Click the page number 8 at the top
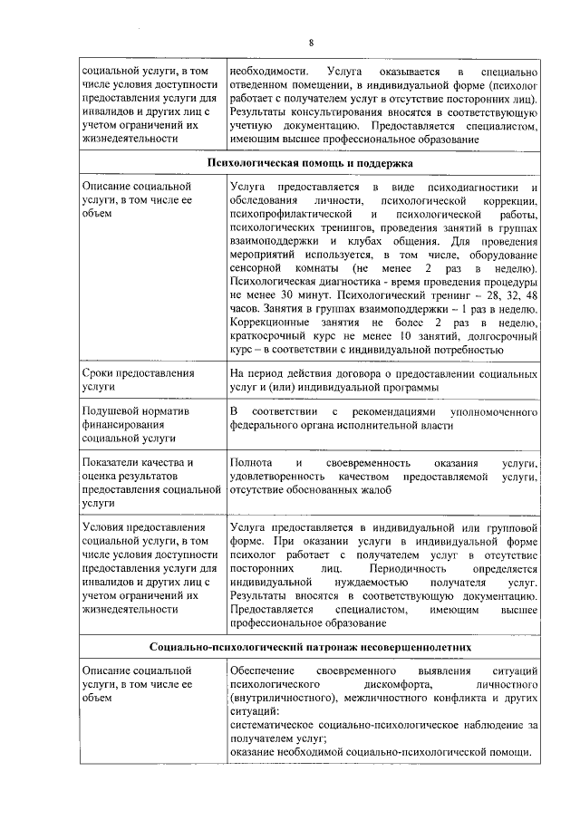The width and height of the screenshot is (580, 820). tap(310, 43)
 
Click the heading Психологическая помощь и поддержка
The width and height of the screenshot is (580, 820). tap(310, 163)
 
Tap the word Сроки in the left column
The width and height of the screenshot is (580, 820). tap(99, 373)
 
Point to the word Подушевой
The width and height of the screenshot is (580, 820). tap(110, 411)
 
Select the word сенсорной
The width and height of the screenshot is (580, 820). tap(258, 270)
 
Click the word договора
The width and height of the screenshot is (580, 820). tap(381, 373)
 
